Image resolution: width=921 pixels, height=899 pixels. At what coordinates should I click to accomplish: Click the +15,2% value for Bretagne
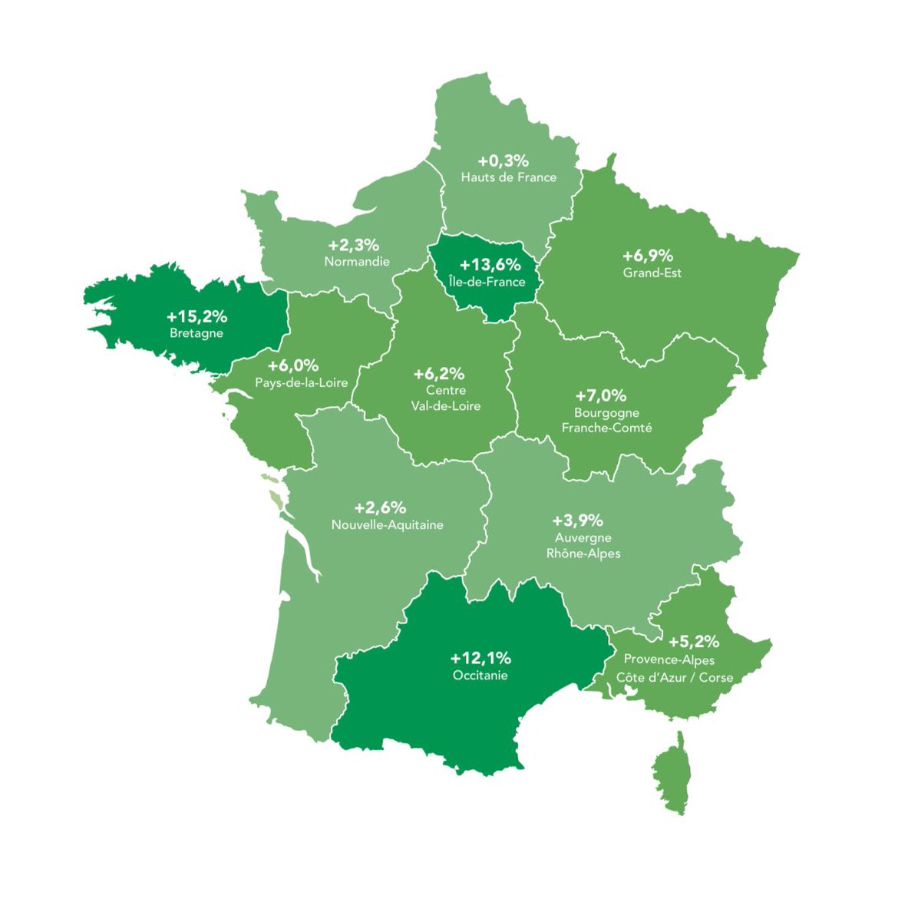[196, 316]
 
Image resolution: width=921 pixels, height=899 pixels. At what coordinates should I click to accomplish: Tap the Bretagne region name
[196, 333]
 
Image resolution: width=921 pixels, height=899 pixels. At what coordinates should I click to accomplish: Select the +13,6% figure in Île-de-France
[490, 265]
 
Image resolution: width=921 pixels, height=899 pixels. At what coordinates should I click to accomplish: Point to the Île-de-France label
[487, 282]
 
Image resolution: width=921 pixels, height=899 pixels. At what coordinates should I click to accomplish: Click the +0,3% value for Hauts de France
[503, 160]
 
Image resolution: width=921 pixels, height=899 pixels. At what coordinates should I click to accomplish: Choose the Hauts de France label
[508, 177]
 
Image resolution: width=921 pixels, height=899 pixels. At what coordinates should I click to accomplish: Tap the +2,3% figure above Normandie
[354, 245]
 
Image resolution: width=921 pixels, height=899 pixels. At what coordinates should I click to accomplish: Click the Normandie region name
[357, 262]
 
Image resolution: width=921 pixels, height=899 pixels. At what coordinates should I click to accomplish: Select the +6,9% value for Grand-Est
[648, 256]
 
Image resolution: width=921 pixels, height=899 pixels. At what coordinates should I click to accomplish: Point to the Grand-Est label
[652, 273]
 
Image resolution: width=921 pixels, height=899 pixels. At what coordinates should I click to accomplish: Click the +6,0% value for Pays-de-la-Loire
[293, 365]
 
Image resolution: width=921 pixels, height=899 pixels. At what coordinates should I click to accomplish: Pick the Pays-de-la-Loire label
[301, 382]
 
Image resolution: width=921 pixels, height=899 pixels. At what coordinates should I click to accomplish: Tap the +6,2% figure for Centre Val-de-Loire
[439, 374]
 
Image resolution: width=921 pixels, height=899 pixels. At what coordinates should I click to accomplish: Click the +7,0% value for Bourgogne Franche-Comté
[601, 395]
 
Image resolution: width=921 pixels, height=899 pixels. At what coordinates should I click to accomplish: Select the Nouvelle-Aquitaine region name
[387, 525]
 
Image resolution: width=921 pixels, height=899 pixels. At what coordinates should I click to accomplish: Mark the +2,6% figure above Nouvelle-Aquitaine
[380, 507]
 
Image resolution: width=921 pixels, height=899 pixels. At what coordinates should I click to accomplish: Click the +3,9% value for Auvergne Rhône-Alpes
[578, 521]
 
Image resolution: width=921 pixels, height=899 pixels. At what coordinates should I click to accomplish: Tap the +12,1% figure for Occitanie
[480, 658]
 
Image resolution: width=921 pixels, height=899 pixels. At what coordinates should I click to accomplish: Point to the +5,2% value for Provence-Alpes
[694, 641]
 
